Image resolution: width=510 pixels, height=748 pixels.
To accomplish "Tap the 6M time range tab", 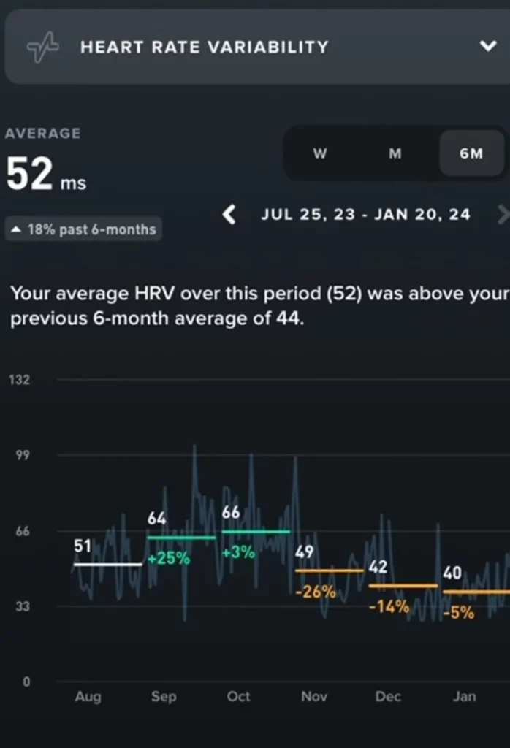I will pos(471,153).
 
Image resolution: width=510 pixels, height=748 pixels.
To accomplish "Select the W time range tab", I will pos(319,153).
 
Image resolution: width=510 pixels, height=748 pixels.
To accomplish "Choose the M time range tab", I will pos(395,153).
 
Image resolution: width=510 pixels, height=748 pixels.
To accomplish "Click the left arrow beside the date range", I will pos(229,215).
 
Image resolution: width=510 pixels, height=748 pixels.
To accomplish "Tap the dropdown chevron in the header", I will pos(487,47).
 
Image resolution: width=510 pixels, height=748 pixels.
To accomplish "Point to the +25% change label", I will pos(169,559).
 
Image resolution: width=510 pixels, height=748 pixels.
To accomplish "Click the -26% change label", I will pos(316,592).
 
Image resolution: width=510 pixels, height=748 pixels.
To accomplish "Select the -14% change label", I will pos(389,606).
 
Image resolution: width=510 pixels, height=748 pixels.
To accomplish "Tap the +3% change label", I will pos(238,552).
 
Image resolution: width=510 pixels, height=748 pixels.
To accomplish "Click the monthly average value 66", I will pos(231,513).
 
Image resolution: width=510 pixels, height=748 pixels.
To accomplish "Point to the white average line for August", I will pos(107,565).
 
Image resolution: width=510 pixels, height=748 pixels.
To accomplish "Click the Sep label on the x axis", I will pos(164,697).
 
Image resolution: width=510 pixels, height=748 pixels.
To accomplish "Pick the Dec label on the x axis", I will pos(388,697).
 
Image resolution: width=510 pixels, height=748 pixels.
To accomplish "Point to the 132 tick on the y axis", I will pos(20,380).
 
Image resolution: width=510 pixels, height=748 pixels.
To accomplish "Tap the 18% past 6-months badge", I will pos(84,229).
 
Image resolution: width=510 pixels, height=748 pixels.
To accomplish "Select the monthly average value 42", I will pos(378,568).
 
